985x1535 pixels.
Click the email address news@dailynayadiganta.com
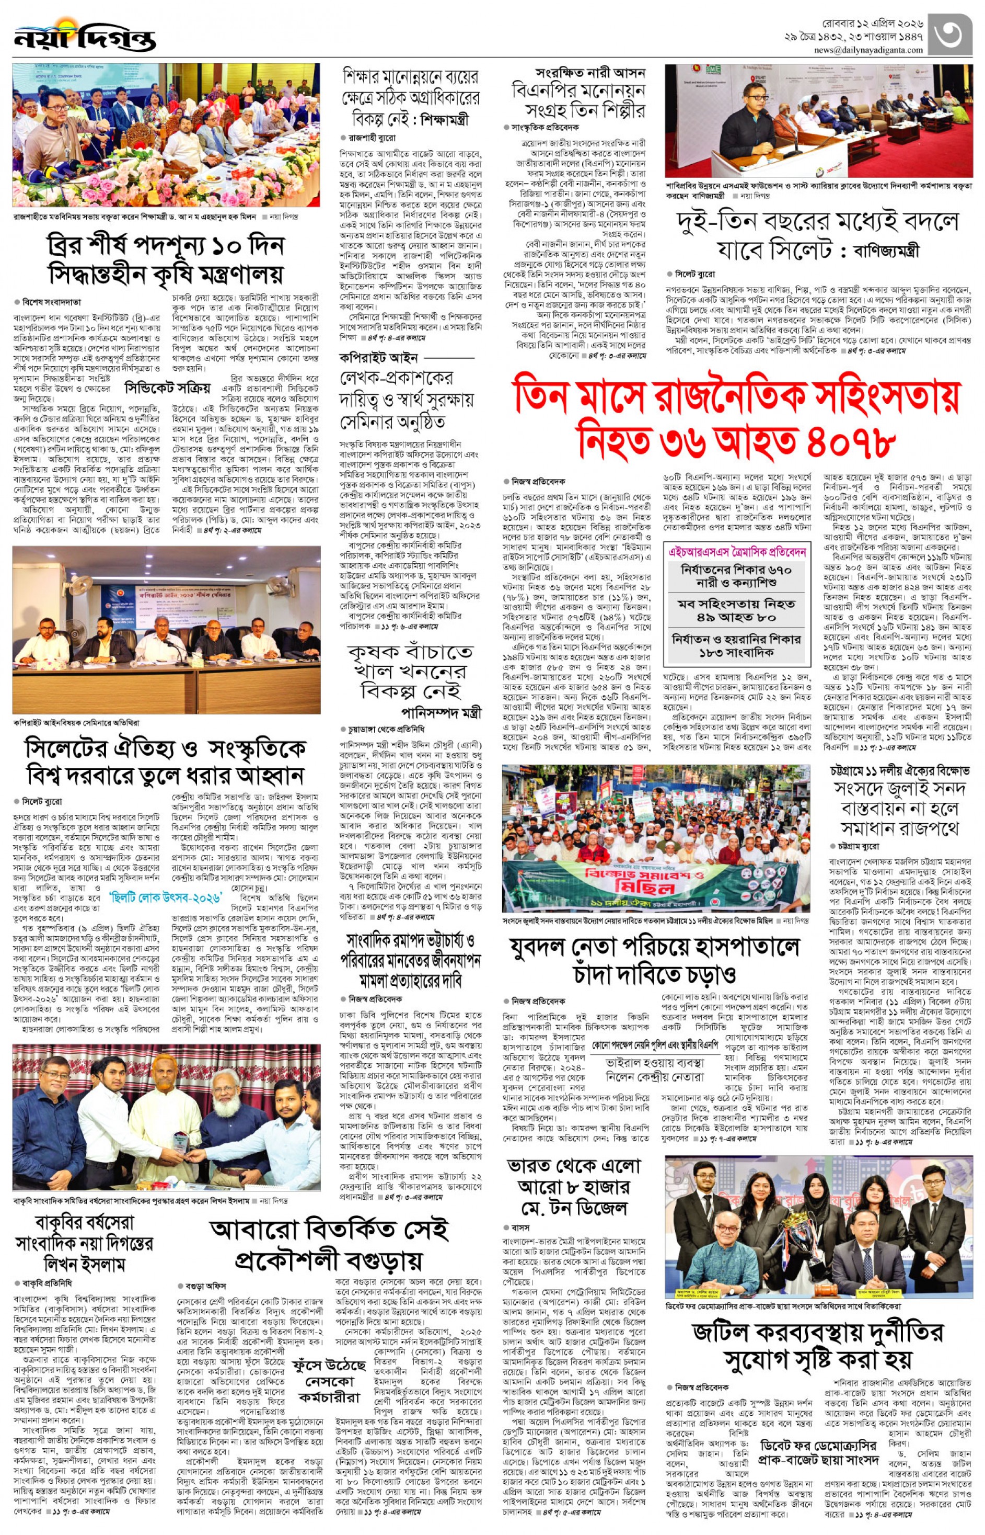(x=868, y=50)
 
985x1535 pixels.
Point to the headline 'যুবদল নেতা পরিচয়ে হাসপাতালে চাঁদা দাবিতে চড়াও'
(x=654, y=960)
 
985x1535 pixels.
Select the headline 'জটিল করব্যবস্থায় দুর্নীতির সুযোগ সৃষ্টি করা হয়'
(x=819, y=1345)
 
